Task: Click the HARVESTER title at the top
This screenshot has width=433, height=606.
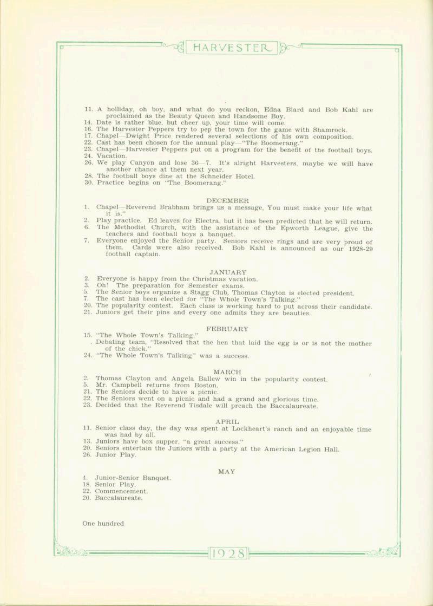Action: point(231,48)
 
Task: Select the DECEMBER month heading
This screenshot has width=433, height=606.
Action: point(227,200)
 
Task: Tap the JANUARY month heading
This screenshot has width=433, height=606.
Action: point(228,272)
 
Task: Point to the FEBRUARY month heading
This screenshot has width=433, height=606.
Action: point(227,329)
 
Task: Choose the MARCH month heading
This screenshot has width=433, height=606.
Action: point(227,372)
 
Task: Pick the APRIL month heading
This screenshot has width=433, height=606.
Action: point(227,421)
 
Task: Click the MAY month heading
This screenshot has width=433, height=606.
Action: point(227,471)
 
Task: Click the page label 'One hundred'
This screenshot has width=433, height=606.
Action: point(103,524)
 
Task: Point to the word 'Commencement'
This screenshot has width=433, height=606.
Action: point(121,491)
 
